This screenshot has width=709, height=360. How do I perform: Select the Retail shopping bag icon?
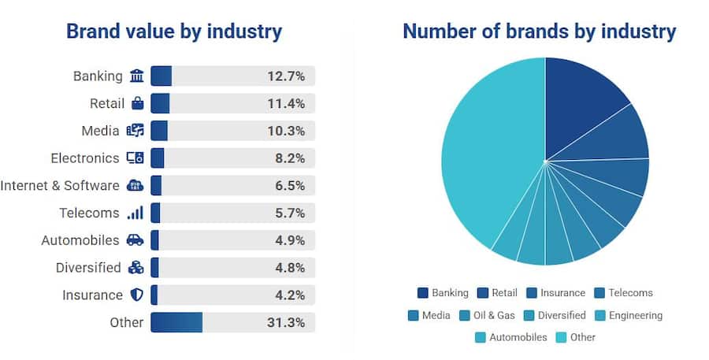(137, 103)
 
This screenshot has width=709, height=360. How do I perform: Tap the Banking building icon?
(137, 76)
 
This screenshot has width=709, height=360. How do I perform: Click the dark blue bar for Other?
(176, 322)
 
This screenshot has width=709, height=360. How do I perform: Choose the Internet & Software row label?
(60, 186)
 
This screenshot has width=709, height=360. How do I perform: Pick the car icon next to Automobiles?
(135, 240)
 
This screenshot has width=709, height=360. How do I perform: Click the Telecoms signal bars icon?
(135, 213)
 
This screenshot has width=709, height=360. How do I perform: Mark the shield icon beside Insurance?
(137, 295)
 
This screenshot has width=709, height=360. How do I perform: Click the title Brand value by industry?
(174, 32)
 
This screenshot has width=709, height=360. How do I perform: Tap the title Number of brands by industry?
(540, 32)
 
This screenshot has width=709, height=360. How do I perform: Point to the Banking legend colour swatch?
(423, 293)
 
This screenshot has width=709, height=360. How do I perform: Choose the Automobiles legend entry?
(511, 337)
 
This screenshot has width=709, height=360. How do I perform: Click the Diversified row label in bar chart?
(88, 268)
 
